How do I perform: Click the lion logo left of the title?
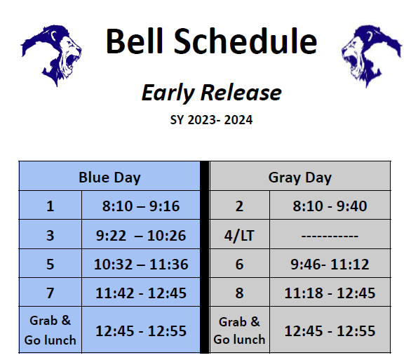[50, 55]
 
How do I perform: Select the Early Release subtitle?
[211, 93]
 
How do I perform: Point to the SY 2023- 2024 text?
[211, 120]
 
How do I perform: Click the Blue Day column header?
[109, 177]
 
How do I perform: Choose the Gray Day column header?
[299, 177]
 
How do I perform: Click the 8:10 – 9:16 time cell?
[140, 206]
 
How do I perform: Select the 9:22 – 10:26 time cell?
[140, 236]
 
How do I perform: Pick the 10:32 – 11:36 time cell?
[140, 265]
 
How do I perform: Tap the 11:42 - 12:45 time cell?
[140, 293]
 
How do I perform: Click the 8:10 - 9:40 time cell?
[330, 206]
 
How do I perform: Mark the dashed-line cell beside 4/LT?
[330, 236]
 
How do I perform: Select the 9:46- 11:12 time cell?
[330, 265]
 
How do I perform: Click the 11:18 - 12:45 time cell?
[330, 293]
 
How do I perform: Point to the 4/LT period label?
[240, 236]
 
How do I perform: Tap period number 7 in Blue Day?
[50, 293]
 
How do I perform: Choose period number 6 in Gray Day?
[240, 265]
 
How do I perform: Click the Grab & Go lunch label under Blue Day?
[50, 331]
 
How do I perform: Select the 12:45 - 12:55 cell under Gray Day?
[330, 331]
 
